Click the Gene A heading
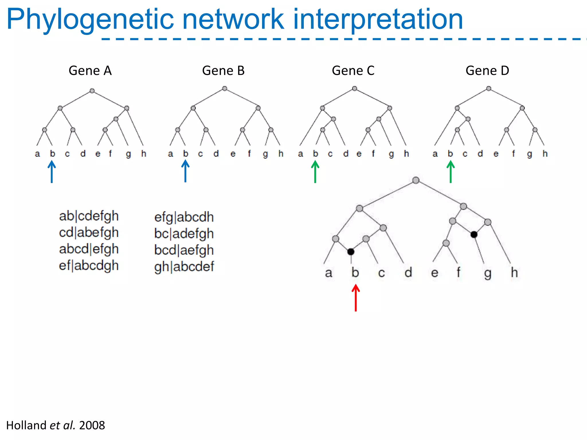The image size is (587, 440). pos(90,71)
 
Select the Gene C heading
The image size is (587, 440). pos(353,71)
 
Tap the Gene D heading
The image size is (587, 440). pos(487,71)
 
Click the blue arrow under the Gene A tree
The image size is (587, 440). pos(52,172)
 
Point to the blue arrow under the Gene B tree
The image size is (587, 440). pos(185,171)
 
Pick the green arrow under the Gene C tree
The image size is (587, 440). pos(315,172)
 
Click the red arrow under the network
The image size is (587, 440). pos(356,298)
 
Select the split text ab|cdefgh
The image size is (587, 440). pos(89,216)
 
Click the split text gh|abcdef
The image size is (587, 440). pos(184,267)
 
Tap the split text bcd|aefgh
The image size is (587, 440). pos(184,250)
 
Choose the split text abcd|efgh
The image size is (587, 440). pos(89,249)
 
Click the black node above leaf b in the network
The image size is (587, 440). pos(351,252)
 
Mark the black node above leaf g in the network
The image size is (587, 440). pos(474,235)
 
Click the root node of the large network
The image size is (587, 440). pos(416,180)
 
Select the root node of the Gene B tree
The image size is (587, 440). pos(225,89)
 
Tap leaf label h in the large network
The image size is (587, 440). pos(514,272)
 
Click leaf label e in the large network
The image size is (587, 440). pos(435,273)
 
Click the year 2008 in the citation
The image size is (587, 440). pos(92,425)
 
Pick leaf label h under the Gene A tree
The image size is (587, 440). pos(144,154)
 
